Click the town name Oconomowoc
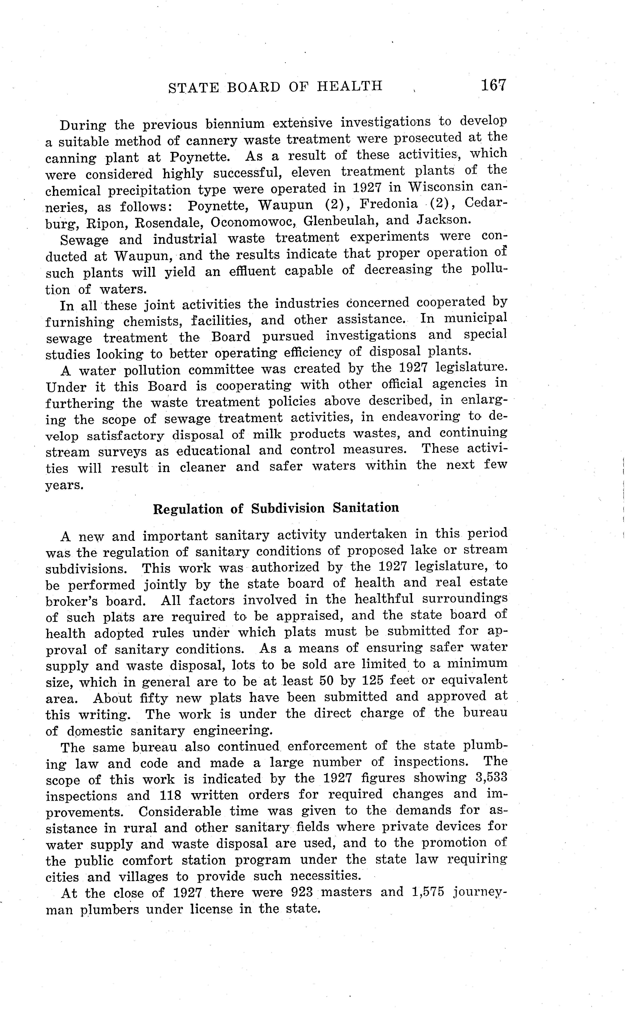coord(253,222)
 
